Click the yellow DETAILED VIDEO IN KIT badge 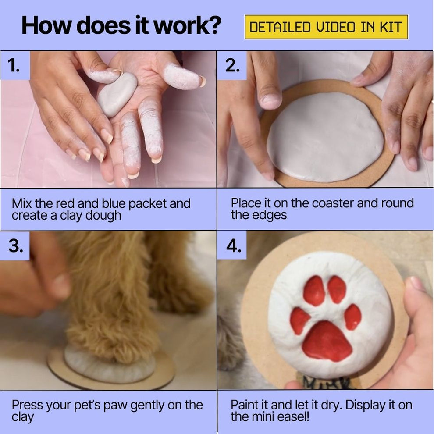(x=326, y=27)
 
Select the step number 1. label (x=14, y=65)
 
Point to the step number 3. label (x=15, y=246)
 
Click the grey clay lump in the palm (x=117, y=94)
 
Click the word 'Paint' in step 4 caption (x=245, y=405)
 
